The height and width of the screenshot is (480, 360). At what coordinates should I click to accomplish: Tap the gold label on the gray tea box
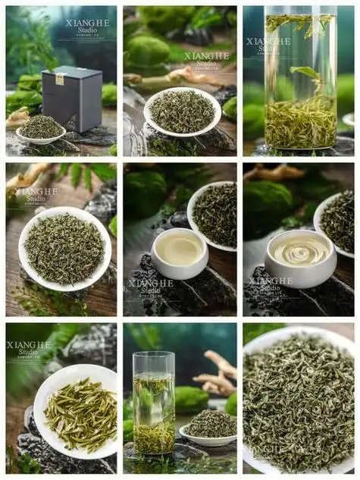click(60, 79)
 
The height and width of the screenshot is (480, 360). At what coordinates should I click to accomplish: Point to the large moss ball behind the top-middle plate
click(149, 51)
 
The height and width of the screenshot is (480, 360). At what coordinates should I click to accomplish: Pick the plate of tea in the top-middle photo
click(182, 111)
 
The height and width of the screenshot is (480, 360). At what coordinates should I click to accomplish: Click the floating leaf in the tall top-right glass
click(305, 74)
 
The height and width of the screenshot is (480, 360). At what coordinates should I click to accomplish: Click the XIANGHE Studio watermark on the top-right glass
click(268, 45)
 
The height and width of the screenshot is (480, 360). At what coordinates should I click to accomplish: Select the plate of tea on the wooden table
click(64, 248)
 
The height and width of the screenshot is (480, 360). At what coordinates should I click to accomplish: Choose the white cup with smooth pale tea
click(180, 253)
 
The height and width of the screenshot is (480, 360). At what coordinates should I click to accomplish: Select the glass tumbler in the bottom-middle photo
click(154, 403)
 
